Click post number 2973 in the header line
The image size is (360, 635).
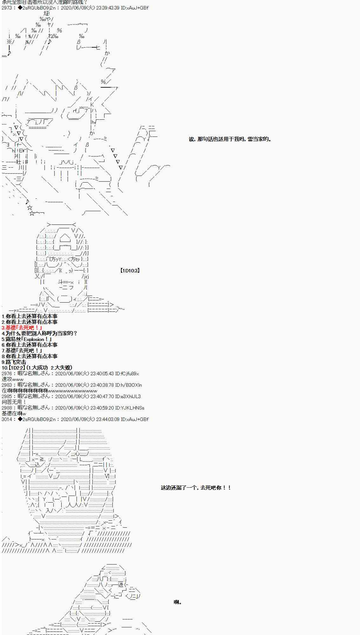[7, 8]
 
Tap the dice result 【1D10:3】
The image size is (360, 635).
[130, 271]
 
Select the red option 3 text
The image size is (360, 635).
[22, 328]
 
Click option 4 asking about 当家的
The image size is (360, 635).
[39, 333]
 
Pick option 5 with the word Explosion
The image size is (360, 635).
[27, 339]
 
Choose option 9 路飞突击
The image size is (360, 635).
[14, 362]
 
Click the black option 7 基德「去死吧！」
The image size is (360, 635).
[22, 351]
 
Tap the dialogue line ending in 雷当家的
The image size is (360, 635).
[230, 139]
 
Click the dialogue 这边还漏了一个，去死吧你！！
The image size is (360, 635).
[196, 488]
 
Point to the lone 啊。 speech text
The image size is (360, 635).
[178, 602]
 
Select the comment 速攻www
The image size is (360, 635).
[13, 379]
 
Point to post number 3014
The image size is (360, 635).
[7, 419]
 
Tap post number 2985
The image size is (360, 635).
[7, 396]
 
